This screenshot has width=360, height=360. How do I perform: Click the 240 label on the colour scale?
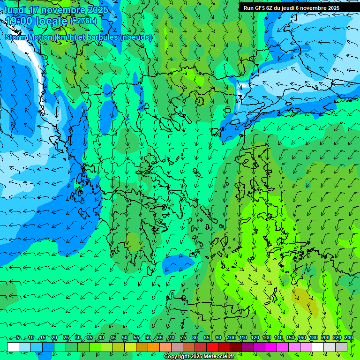point(348,338)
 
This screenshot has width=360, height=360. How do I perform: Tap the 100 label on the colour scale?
point(231,338)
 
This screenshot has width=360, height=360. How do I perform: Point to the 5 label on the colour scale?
point(18,338)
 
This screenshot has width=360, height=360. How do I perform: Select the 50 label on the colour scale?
point(125,338)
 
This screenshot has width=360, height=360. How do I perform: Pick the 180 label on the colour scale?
point(313,338)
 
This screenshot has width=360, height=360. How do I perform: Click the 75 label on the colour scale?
point(183,338)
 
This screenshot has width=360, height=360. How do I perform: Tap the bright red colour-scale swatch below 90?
point(212,347)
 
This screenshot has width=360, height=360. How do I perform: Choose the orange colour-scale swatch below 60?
point(142,347)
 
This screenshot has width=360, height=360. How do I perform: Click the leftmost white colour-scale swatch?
point(13,347)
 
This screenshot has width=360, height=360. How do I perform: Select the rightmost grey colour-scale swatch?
point(341,347)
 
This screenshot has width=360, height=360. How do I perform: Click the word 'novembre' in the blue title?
point(60,10)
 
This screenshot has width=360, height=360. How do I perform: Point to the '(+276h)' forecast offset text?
point(83,21)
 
